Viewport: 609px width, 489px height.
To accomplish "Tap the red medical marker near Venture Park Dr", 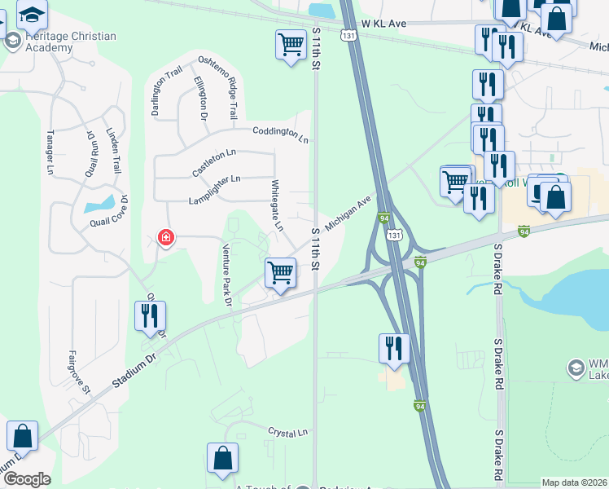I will point(165,238).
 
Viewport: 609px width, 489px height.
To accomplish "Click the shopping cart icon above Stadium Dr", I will point(280,272).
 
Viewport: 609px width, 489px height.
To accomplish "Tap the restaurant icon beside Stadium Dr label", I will point(150,315).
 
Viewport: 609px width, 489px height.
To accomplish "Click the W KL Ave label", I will point(384,24).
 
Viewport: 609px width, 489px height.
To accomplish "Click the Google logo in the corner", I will point(26,478).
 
